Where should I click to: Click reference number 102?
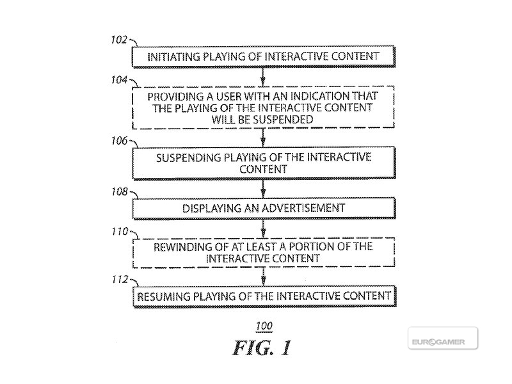[119, 40]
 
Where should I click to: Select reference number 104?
[119, 80]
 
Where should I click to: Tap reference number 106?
[119, 141]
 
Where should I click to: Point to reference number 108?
[120, 191]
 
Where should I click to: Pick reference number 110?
[120, 232]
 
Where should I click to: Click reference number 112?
[120, 280]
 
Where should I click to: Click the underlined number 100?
[264, 326]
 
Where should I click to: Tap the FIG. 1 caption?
[262, 348]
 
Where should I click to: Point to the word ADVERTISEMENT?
[303, 208]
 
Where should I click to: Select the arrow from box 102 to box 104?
[263, 77]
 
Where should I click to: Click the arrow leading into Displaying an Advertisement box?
[263, 189]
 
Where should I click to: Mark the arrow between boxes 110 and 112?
[264, 277]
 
